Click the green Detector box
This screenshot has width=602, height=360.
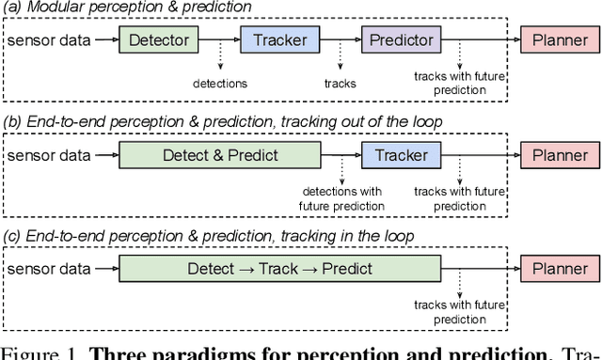click(x=159, y=40)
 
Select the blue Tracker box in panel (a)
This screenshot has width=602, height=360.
click(x=280, y=40)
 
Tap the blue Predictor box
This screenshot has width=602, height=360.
click(x=402, y=40)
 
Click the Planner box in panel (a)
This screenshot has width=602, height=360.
click(x=560, y=40)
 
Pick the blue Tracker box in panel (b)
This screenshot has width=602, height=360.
click(x=402, y=155)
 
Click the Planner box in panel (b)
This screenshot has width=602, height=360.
click(x=560, y=155)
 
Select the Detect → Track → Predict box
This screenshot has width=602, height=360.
click(x=279, y=269)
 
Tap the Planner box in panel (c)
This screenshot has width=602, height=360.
click(x=560, y=269)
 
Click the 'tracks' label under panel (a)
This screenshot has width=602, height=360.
click(x=340, y=83)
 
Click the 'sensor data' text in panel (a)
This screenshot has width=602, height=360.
click(x=47, y=41)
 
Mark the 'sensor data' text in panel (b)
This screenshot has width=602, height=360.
click(x=47, y=155)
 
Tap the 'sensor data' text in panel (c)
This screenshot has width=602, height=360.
click(x=47, y=269)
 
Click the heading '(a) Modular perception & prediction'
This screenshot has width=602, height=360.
click(x=128, y=8)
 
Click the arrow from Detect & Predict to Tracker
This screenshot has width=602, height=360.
click(x=341, y=155)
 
